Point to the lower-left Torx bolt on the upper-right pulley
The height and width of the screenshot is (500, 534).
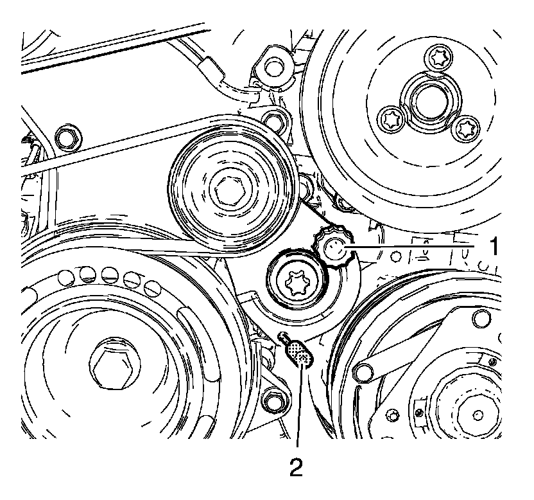point(390,120)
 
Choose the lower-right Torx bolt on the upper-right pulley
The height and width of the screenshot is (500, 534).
point(465,128)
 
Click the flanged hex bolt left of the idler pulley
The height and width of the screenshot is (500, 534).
point(68,139)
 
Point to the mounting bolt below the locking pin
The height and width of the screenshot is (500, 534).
point(271,398)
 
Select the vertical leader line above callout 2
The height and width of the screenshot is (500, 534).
point(299,406)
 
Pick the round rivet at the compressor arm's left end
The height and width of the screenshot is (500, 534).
point(363,371)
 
